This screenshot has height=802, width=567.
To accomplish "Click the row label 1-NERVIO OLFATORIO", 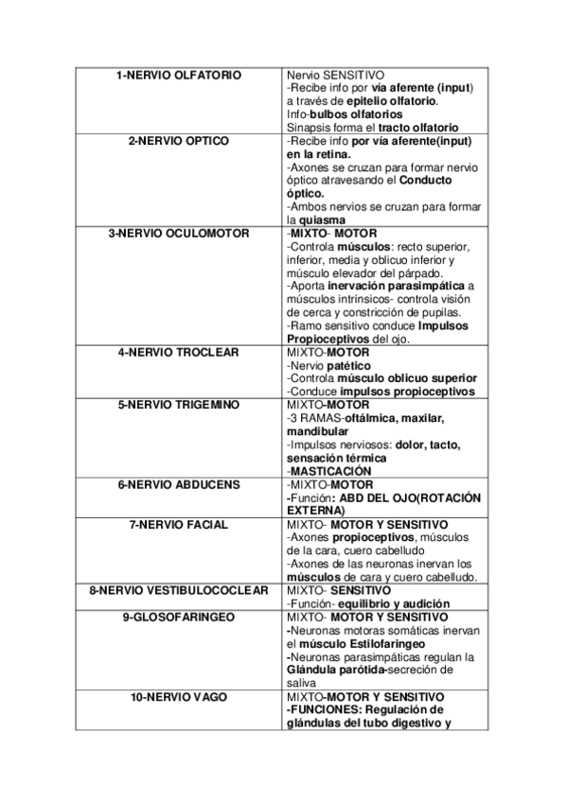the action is [179, 75].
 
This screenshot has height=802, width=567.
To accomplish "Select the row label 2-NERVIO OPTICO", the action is [179, 141].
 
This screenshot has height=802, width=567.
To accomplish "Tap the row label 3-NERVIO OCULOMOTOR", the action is [179, 233].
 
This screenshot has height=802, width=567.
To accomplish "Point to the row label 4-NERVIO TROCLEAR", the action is [179, 352].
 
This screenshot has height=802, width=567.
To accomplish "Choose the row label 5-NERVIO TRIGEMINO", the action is [179, 405].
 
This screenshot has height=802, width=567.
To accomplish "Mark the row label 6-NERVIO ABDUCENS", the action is [179, 484].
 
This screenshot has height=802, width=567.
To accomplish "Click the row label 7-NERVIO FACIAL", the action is [179, 524].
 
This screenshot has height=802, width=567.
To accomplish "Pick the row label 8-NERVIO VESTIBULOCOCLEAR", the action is [179, 590].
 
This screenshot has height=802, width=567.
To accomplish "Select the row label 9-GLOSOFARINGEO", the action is [179, 617].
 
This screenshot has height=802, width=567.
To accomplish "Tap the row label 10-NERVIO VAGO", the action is [179, 697].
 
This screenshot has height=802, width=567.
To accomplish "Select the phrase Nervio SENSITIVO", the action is [331, 75].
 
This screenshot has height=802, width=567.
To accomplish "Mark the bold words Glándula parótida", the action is [338, 670].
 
